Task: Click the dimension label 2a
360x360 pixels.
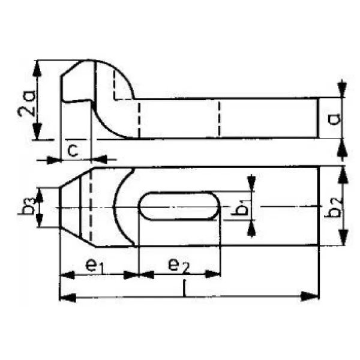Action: tap(26, 104)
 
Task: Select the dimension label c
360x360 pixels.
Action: tap(73, 151)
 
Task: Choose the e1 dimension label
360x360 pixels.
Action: tap(94, 266)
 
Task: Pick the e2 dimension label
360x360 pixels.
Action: tap(178, 266)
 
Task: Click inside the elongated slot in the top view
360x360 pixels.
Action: tap(179, 206)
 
